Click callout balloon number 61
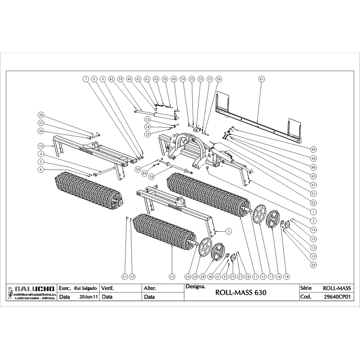coord(261,79)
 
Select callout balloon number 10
coord(41,146)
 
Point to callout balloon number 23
coord(172,277)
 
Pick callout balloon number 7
coord(85,79)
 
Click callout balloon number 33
coord(148,120)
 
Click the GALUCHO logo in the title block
coord(32,289)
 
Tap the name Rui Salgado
coord(86,288)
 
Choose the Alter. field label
coord(150,288)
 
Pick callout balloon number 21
coord(124,277)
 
